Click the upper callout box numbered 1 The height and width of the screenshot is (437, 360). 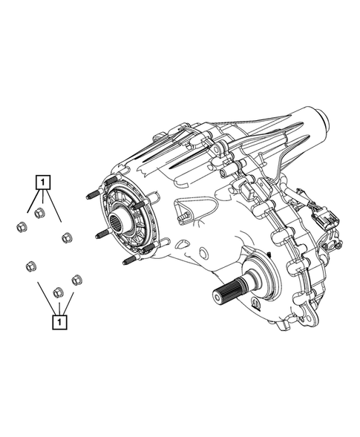(42, 183)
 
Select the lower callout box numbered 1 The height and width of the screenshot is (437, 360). (59, 323)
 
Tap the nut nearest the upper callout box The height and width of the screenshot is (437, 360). (39, 213)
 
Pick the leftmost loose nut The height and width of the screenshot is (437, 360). (22, 226)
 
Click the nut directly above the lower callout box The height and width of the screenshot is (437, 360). (59, 292)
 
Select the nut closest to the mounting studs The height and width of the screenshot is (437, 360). (67, 237)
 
